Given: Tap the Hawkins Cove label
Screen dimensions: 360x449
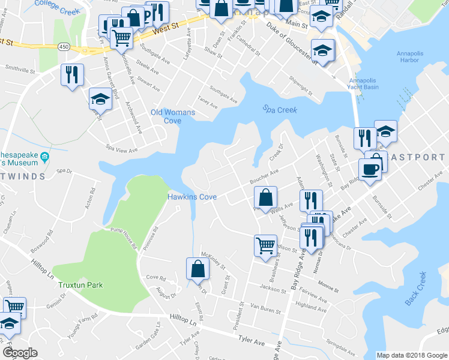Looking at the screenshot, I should [x=191, y=197].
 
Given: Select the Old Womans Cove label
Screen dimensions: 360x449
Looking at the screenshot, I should [x=165, y=116].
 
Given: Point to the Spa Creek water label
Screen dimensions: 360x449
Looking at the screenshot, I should [x=280, y=109].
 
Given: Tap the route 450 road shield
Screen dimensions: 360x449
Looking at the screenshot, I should [x=64, y=46].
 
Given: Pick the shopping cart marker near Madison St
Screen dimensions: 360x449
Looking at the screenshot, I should [x=265, y=245].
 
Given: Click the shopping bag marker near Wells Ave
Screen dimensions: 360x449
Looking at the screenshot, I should [x=265, y=197].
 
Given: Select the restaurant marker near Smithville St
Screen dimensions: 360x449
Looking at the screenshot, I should [x=72, y=74].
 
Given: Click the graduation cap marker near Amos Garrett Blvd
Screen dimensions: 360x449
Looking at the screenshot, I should [x=100, y=99].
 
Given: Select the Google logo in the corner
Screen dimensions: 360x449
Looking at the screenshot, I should [x=20, y=353].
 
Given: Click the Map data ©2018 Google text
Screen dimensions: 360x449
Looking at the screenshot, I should [x=412, y=355].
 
